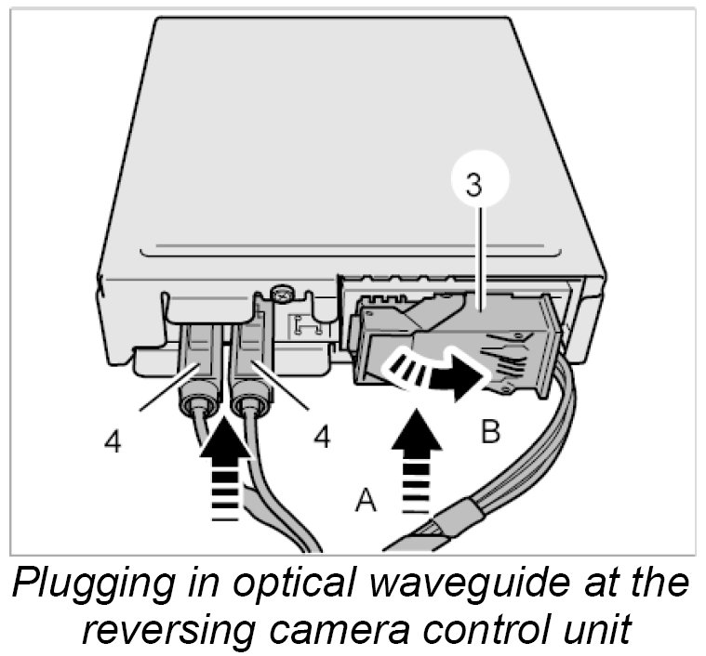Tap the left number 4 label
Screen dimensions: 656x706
pos(112,441)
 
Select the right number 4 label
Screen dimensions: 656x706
pos(322,436)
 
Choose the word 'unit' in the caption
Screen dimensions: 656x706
pos(601,629)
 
